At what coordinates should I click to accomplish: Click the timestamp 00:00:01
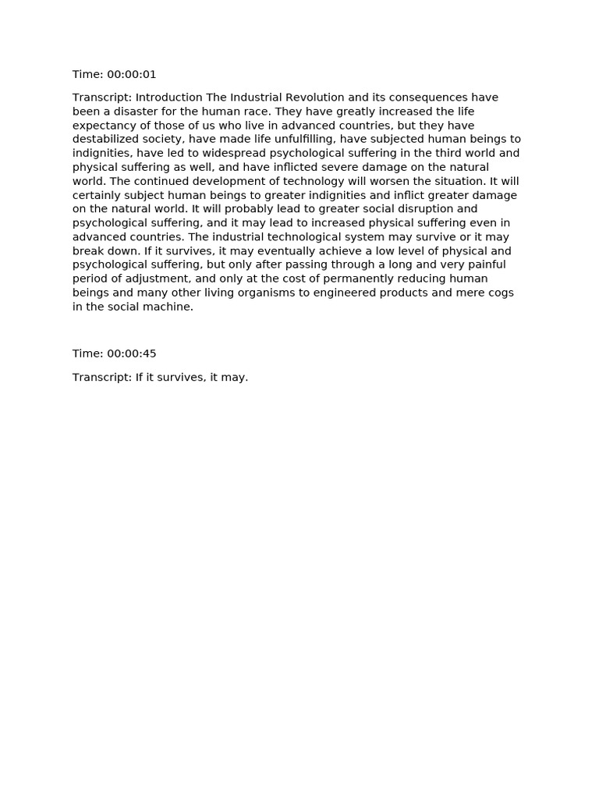click(x=131, y=75)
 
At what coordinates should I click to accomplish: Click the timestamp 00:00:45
click(x=131, y=354)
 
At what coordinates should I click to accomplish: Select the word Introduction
click(x=169, y=98)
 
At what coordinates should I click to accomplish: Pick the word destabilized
click(x=107, y=140)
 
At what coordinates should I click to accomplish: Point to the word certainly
click(x=97, y=195)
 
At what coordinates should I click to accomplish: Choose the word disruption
click(x=427, y=209)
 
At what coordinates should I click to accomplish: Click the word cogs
click(x=502, y=293)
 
